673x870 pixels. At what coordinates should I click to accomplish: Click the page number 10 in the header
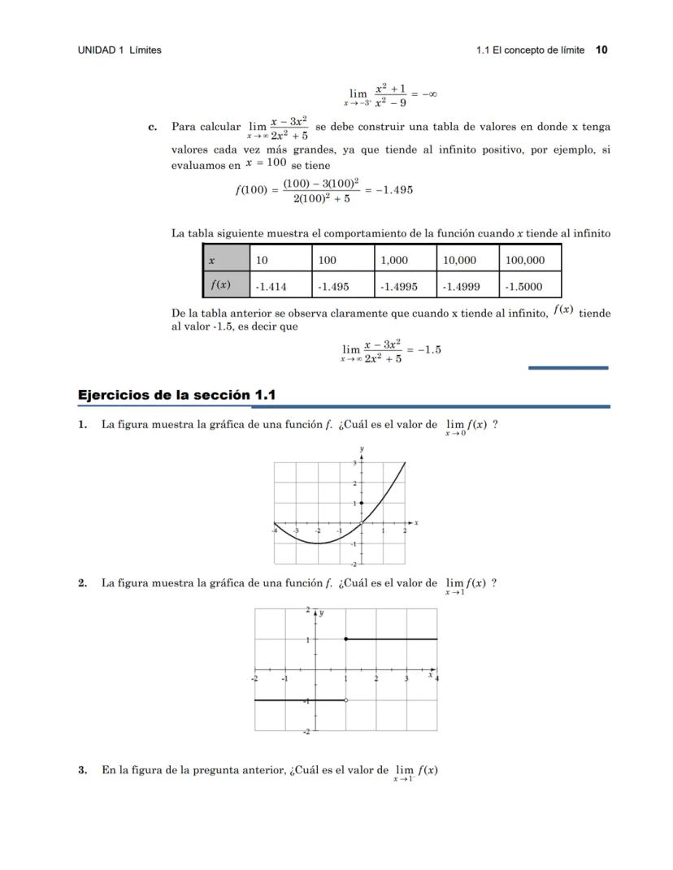tap(601, 50)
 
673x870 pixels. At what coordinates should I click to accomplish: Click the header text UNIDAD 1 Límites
tap(119, 50)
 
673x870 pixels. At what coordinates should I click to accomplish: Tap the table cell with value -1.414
tap(280, 286)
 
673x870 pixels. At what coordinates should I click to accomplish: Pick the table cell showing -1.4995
tap(407, 286)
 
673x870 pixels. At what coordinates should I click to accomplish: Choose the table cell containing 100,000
tap(529, 260)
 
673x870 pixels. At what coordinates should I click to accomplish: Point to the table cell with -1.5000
tap(529, 286)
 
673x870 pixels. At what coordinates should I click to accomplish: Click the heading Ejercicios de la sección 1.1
tap(177, 395)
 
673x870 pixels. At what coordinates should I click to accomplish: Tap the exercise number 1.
tap(82, 424)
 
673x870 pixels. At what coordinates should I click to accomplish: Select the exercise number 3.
tap(82, 770)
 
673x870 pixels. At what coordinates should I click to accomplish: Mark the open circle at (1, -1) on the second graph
tap(346, 700)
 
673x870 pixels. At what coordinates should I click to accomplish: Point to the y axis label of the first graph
tap(362, 448)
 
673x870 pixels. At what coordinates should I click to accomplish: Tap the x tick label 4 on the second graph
tap(437, 678)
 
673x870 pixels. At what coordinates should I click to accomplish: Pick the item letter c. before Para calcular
tap(152, 127)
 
